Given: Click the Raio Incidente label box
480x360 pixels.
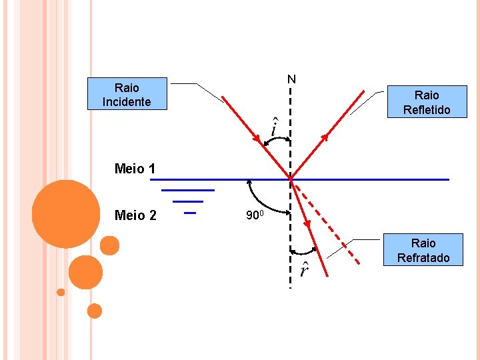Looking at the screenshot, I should [127, 94].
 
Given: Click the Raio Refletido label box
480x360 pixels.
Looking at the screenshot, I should [427, 102].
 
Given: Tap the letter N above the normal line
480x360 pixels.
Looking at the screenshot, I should [291, 80].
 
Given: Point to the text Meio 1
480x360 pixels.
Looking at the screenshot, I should [135, 169].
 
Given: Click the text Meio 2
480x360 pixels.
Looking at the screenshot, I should [135, 215].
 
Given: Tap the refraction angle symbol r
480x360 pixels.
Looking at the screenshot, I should [304, 269].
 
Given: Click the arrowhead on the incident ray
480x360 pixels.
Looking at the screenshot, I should [257, 138].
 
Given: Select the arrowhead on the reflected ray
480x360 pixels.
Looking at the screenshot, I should [325, 138].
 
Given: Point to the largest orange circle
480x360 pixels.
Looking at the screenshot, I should [66, 213].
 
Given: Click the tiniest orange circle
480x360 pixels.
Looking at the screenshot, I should [61, 292].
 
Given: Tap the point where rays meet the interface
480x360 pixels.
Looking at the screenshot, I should [291, 179].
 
